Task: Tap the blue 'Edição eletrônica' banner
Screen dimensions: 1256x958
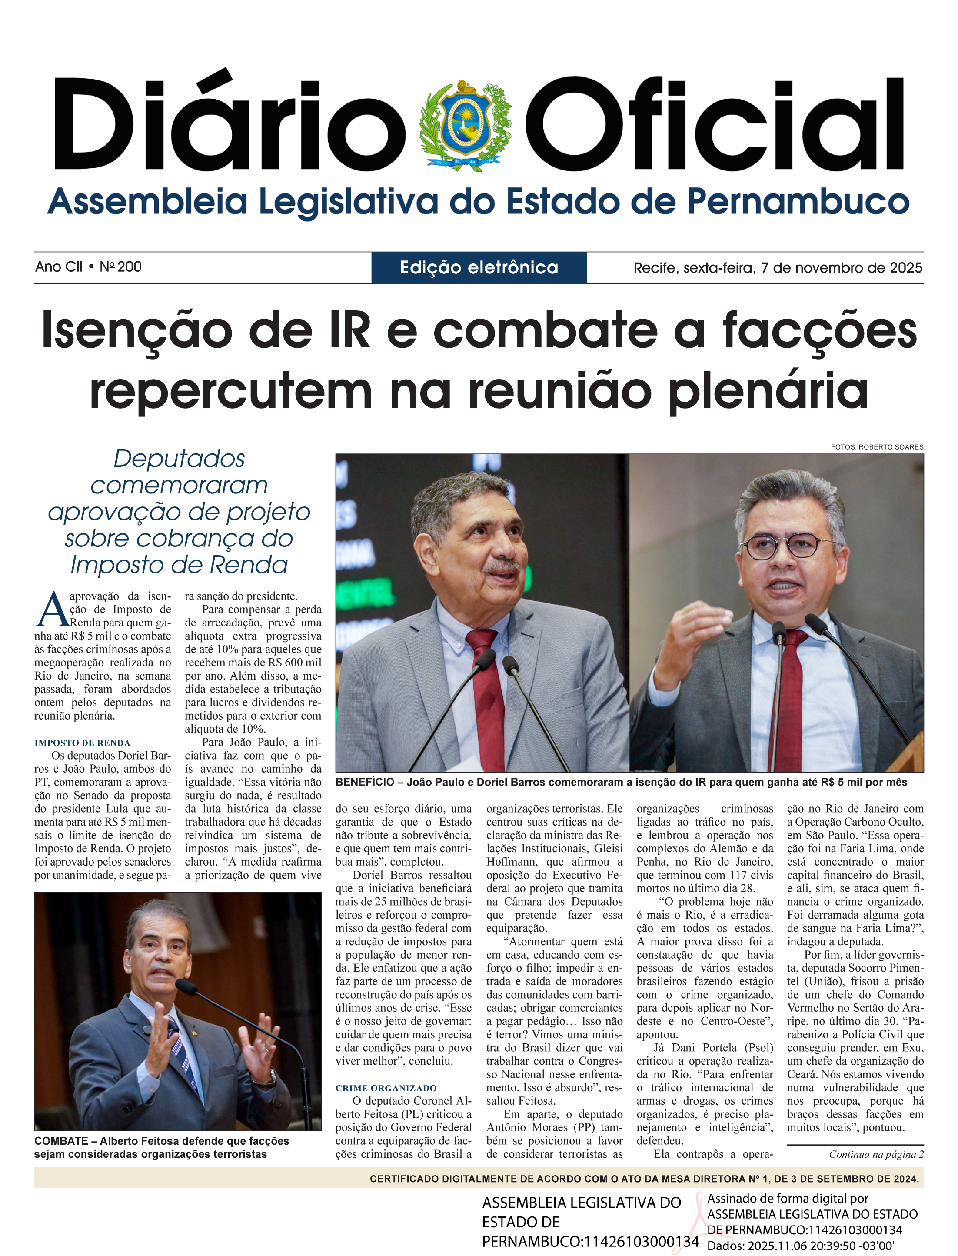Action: tap(479, 267)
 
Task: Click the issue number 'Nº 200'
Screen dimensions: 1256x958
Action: tap(121, 267)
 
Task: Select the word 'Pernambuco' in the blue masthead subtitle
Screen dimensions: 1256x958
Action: tap(797, 203)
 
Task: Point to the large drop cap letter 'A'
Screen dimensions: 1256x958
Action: tap(51, 610)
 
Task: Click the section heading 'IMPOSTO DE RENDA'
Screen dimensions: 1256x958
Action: tap(82, 743)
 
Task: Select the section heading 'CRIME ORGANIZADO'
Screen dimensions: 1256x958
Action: tap(386, 1088)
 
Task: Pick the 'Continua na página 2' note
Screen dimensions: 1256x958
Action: tap(876, 1154)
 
